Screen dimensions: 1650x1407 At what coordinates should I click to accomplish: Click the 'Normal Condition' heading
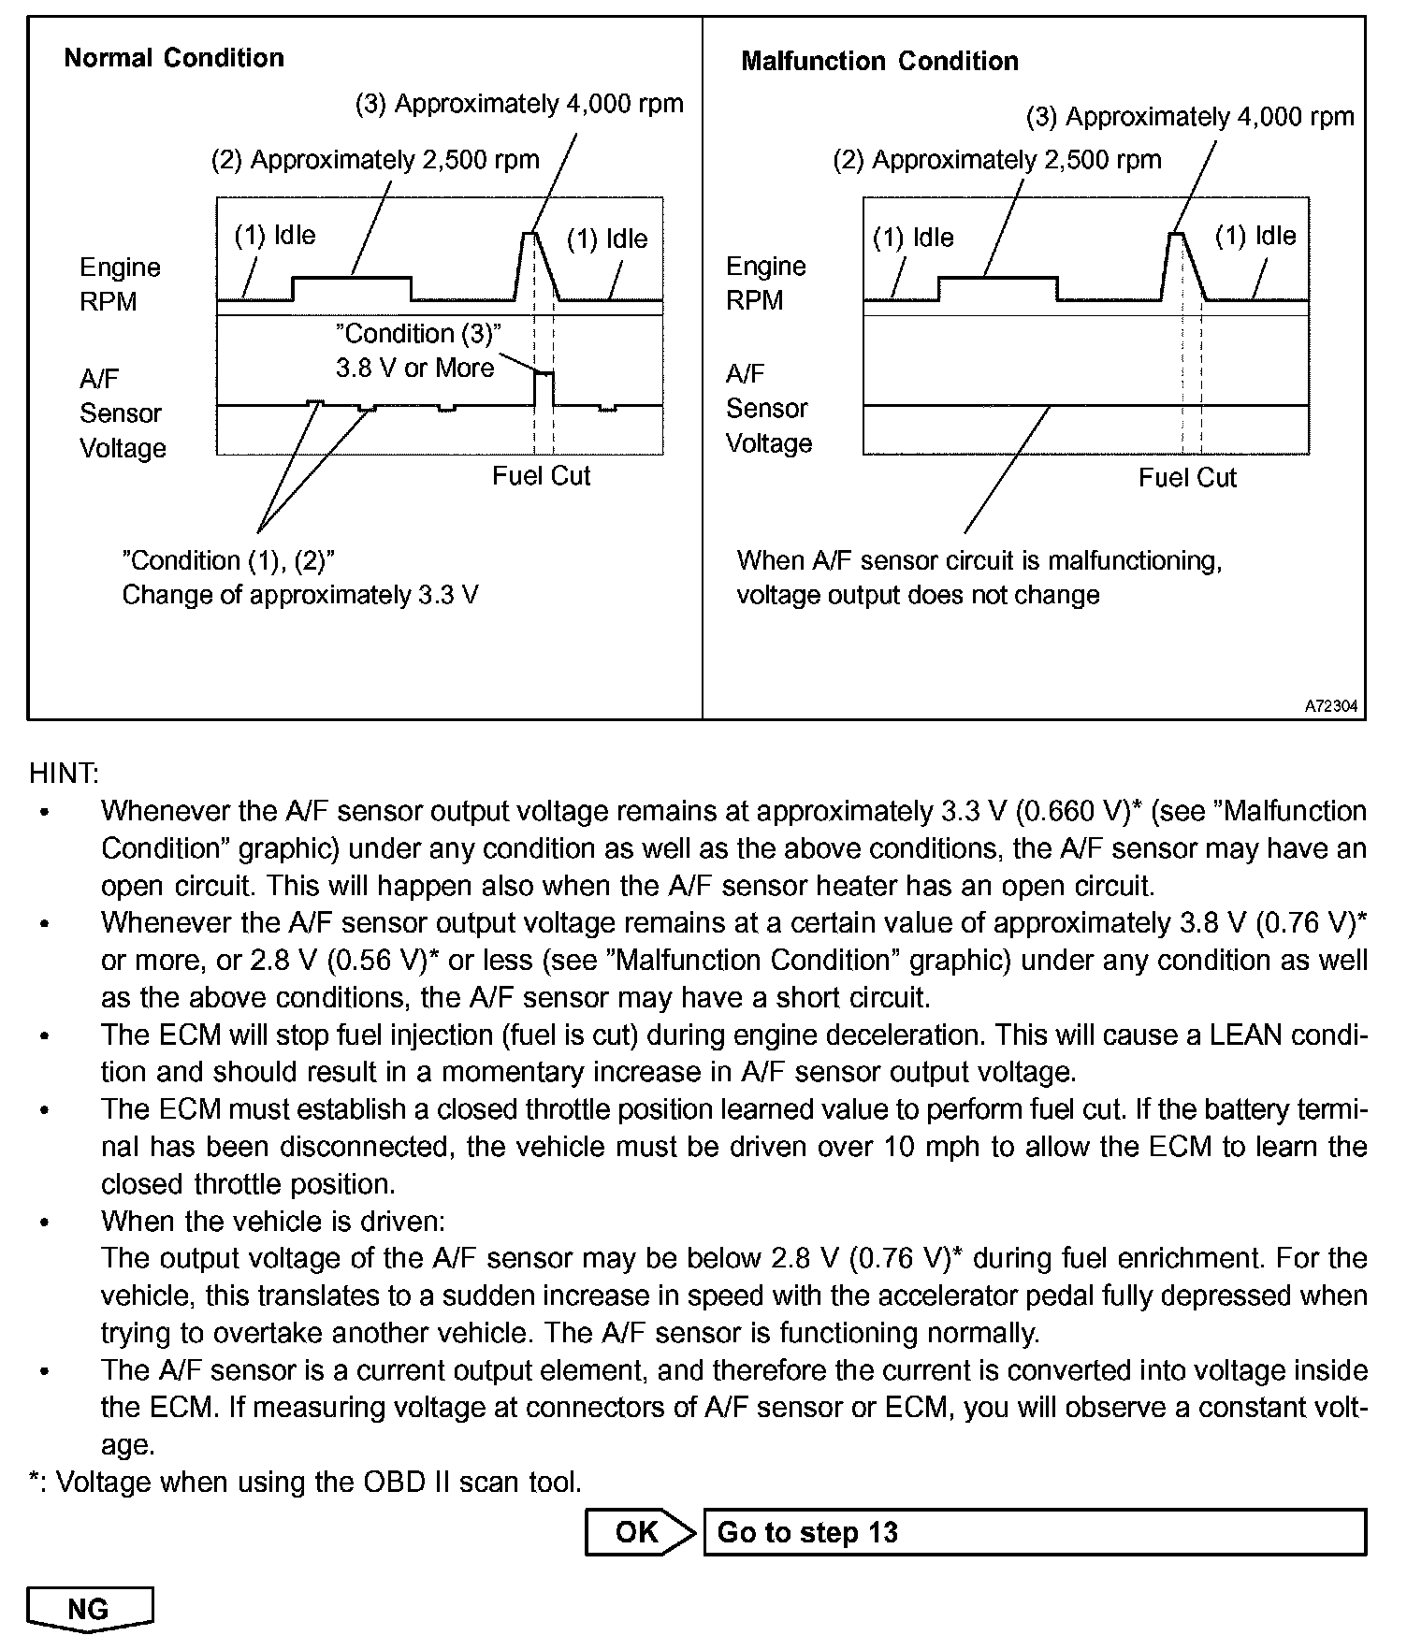tap(174, 58)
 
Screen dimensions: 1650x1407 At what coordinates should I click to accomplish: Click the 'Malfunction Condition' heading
tap(879, 62)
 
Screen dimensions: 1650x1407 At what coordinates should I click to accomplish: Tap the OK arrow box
tap(639, 1532)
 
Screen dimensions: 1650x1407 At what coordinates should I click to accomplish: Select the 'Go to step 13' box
tap(1034, 1532)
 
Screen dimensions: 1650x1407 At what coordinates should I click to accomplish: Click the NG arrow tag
tap(90, 1609)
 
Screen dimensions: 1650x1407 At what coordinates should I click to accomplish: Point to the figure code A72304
tap(1330, 707)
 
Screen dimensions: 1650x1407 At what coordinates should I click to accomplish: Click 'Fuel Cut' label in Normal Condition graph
tap(541, 476)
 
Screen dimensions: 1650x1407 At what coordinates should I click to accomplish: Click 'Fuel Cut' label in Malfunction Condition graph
tap(1187, 478)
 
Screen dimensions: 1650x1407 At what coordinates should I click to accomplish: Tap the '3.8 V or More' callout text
tap(414, 368)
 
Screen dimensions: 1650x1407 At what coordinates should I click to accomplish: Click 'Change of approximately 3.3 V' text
tap(300, 595)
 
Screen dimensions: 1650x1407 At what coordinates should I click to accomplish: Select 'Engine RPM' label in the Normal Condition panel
tap(120, 284)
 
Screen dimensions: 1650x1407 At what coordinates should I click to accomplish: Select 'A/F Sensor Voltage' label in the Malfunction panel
tap(768, 409)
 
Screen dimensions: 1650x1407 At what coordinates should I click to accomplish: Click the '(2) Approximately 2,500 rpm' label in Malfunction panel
tap(996, 160)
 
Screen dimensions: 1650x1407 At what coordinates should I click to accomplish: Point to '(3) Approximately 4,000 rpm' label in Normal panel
tap(519, 104)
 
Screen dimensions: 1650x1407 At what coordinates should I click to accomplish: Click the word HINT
tap(64, 774)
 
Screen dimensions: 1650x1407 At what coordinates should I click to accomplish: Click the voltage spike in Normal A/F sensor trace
tap(544, 374)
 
